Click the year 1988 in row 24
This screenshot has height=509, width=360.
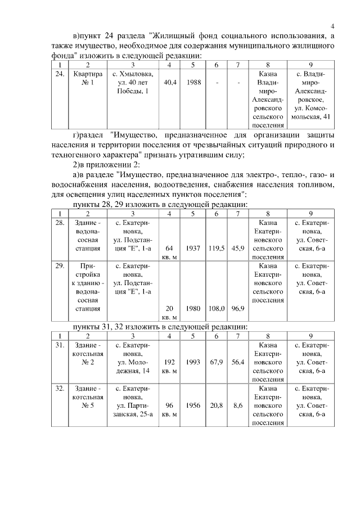click(194, 83)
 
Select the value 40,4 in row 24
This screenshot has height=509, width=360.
click(170, 83)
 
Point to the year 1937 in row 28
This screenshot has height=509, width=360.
click(194, 247)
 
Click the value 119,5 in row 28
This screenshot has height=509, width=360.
click(217, 247)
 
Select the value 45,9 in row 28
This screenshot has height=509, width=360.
click(238, 247)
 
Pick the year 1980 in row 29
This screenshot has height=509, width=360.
click(194, 308)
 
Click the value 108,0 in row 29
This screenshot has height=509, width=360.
click(217, 308)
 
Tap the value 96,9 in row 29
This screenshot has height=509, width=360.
click(238, 308)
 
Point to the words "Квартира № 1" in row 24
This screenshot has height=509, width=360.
click(88, 78)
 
